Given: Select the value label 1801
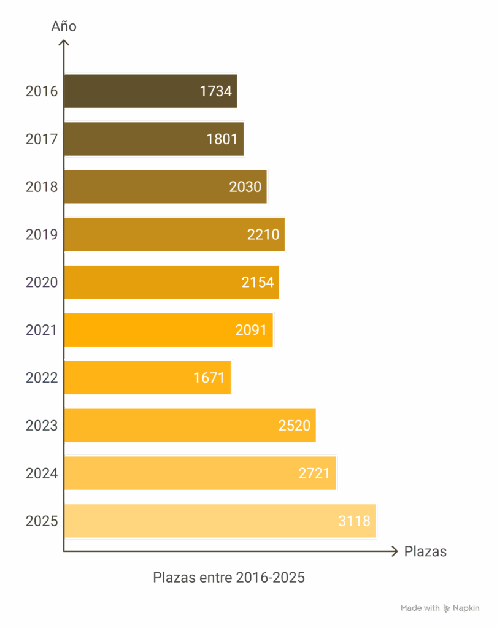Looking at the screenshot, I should [x=222, y=139].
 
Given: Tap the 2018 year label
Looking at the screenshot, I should [x=42, y=187].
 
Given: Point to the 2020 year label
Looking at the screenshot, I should [x=42, y=283].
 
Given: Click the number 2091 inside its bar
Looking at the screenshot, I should [x=251, y=330].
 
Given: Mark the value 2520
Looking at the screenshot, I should [x=295, y=426].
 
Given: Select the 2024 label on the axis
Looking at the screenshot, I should [x=42, y=473].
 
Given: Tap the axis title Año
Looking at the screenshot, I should [x=64, y=26].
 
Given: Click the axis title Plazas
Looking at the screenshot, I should [x=425, y=551].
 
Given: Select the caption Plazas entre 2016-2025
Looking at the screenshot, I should [x=228, y=578].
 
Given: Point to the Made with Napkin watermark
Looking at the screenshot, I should [x=440, y=608].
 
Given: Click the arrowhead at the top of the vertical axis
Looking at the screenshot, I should [x=64, y=42].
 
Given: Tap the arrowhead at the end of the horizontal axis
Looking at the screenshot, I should [x=395, y=551].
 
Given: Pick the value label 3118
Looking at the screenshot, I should [x=354, y=521].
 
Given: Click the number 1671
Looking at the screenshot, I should [x=209, y=378].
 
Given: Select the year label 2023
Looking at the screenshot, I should [x=42, y=426].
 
